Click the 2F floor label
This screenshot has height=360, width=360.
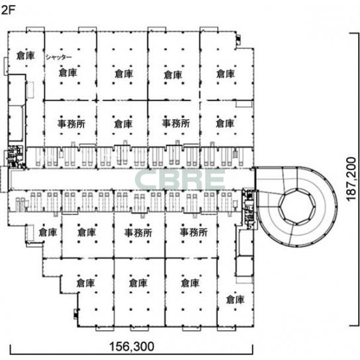8,10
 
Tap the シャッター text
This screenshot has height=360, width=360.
58,57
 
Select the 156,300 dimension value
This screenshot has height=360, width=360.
132,346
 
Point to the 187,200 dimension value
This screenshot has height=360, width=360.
351,179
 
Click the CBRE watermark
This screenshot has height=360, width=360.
180,181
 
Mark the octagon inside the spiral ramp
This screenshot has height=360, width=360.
297,206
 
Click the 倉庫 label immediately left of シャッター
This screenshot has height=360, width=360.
26,56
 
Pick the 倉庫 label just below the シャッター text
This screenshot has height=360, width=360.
67,72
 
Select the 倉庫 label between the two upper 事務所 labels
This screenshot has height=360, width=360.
123,124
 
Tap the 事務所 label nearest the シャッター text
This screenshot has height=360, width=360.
71,124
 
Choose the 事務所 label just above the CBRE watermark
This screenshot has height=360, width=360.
176,123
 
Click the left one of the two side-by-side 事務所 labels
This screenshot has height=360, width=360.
138,232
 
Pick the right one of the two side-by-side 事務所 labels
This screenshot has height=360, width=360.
193,232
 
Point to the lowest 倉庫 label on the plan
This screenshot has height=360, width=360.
235,299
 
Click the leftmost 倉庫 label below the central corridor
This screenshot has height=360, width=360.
48,232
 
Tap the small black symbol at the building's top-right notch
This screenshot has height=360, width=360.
238,40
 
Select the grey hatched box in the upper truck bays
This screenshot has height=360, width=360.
235,154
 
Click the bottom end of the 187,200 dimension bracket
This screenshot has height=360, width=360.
354,326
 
